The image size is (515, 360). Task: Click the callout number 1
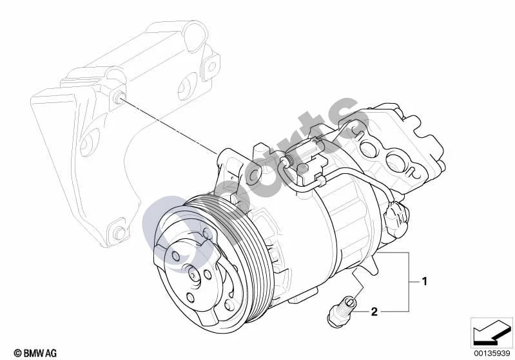pos(424,281)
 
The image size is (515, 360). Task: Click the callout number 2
pos(374,311)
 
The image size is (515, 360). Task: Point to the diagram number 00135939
pos(492,354)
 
